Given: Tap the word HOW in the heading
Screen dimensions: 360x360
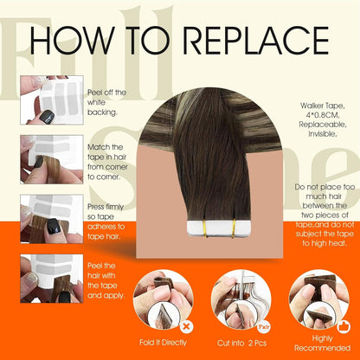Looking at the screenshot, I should coord(72,41).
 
